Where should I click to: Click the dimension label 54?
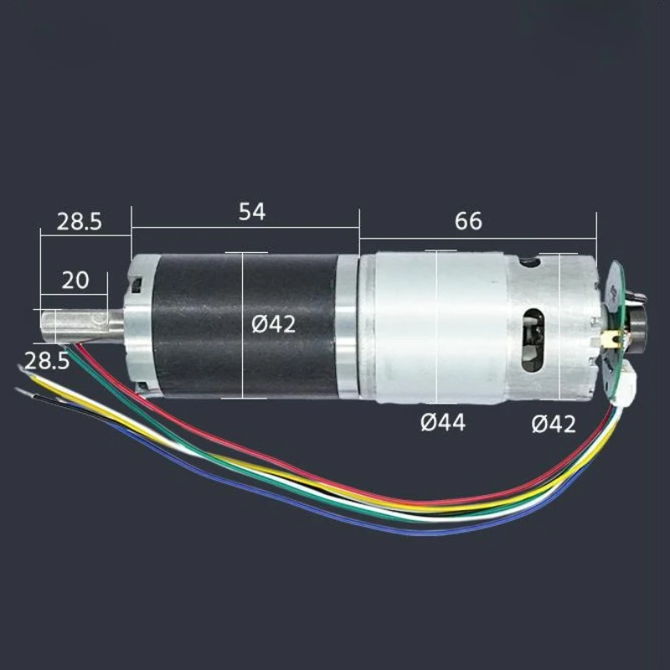252,212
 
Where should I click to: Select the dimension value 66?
468,221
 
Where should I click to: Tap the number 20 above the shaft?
75,281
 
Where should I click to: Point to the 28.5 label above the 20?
80,222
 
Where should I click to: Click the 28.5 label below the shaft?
47,362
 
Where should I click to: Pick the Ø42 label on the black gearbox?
274,325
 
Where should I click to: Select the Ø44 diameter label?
443,423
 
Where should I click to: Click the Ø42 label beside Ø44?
554,425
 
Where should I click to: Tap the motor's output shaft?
82,326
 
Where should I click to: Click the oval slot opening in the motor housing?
533,339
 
